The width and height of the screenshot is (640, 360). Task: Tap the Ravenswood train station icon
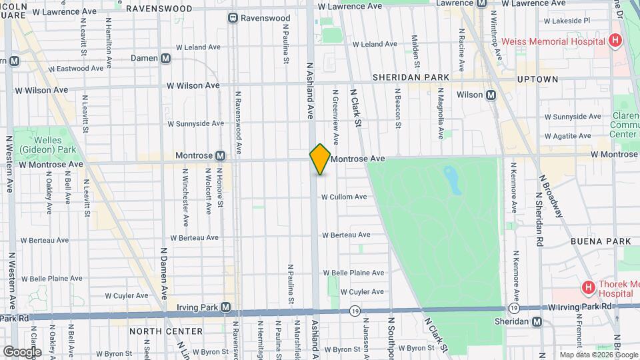tap(233, 18)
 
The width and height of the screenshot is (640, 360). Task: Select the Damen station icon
tap(165, 59)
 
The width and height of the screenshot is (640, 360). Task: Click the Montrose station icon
tap(220, 156)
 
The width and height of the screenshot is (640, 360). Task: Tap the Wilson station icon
tap(491, 95)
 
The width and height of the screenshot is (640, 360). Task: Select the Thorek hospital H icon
tap(588, 288)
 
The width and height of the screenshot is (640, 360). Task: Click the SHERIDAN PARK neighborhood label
tap(411, 77)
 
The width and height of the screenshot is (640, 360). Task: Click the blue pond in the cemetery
tap(453, 180)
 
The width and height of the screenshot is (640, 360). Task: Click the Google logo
tap(21, 351)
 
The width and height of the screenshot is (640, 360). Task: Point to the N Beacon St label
tap(397, 107)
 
